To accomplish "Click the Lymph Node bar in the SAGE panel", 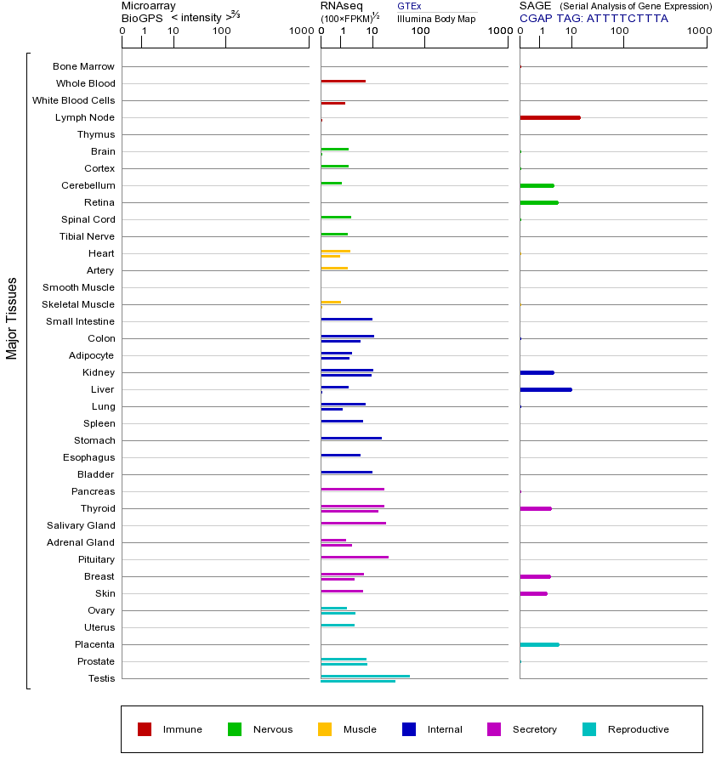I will coord(549,117).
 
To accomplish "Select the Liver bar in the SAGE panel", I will coord(545,389).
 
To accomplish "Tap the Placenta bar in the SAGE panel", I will coord(539,644).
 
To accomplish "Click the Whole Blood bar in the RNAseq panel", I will coord(343,82).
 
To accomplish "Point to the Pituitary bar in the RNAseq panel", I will coord(355,558).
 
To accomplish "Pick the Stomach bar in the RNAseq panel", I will coord(351,439).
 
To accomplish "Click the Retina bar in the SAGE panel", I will coord(538,202).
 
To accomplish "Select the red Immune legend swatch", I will coord(145,729).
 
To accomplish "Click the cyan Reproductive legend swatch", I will coord(589,729).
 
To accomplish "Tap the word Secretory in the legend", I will coord(534,729).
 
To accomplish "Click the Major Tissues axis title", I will coord(12,318).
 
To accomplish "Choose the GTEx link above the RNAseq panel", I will coord(409,6).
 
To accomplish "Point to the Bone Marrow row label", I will coord(83,66).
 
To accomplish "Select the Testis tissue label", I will coord(101,678).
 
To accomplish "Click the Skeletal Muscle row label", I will coord(78,304).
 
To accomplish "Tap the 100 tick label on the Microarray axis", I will coord(221,31).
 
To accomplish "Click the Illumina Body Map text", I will coord(436,19).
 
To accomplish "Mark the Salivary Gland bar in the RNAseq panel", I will coord(353,524).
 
